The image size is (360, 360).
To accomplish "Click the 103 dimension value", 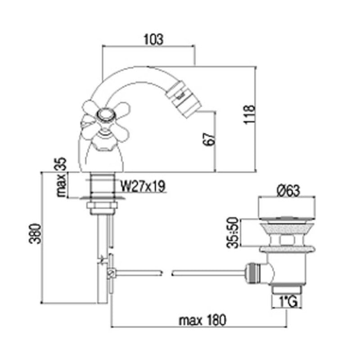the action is (x=153, y=39).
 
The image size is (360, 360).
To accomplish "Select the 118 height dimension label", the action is (x=249, y=115).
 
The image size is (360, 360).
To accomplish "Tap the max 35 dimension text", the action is (x=61, y=177).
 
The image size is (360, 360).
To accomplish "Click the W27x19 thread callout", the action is (x=143, y=186).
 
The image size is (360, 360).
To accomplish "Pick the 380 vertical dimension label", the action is (x=36, y=234).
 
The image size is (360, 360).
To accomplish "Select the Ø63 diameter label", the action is (x=288, y=190).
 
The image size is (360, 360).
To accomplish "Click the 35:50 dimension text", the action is (x=233, y=233).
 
